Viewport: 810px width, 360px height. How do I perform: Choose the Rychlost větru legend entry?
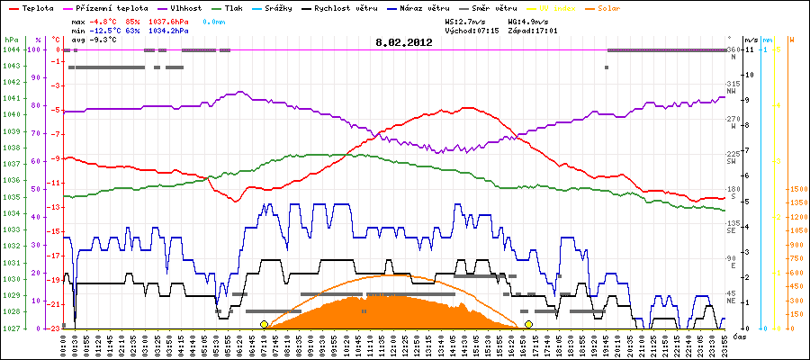point(343,8)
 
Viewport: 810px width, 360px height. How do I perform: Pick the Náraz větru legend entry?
point(424,8)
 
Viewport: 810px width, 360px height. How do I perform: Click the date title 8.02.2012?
point(405,41)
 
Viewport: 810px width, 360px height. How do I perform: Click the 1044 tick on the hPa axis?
point(11,49)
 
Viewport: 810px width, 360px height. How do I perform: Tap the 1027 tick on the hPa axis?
point(11,328)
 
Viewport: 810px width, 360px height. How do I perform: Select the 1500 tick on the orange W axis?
point(797,189)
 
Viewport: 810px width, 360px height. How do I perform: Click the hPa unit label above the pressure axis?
point(11,40)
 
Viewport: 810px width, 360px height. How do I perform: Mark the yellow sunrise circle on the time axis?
point(264,324)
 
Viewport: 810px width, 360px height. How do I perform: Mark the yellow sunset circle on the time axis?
point(528,324)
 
